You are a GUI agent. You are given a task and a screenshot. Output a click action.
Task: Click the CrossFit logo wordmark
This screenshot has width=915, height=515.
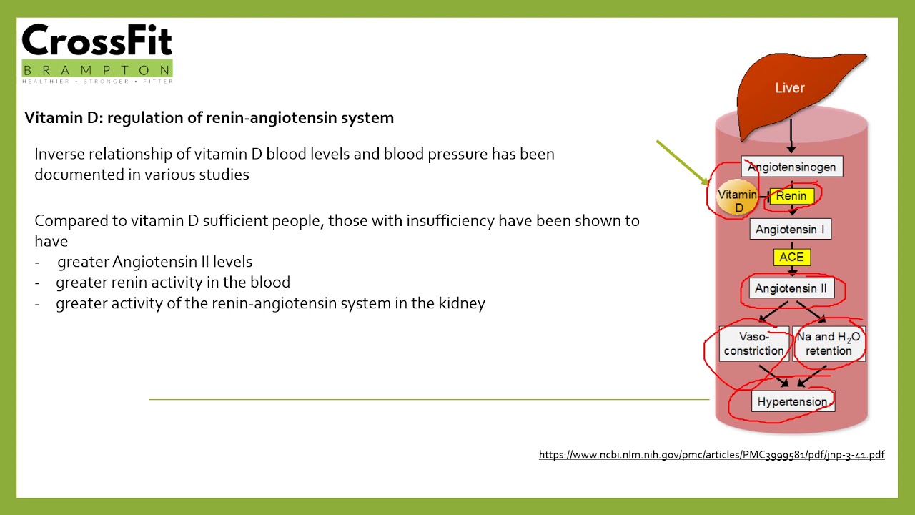click(x=97, y=39)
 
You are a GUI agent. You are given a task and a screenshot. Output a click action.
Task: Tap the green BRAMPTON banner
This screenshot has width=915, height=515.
click(x=97, y=69)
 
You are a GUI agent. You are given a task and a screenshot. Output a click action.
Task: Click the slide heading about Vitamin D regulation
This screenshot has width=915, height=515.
click(x=209, y=118)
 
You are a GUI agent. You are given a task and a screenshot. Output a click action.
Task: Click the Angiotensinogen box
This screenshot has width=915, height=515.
click(x=792, y=167)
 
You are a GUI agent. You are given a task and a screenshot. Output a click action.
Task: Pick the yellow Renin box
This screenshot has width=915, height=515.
click(x=791, y=196)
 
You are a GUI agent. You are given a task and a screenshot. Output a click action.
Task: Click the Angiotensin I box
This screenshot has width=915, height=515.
click(x=791, y=229)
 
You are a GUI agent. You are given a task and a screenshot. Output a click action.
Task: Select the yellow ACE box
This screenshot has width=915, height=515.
click(x=791, y=257)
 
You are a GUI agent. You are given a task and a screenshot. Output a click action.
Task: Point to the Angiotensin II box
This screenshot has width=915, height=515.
click(x=791, y=288)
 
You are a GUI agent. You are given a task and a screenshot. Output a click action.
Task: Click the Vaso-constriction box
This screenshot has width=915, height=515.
click(x=754, y=344)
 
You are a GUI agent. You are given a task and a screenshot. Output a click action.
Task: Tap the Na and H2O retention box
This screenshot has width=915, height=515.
click(x=829, y=344)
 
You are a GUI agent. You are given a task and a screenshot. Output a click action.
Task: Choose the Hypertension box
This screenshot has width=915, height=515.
click(x=793, y=401)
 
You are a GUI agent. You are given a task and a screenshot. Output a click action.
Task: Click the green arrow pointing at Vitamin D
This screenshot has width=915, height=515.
click(x=683, y=162)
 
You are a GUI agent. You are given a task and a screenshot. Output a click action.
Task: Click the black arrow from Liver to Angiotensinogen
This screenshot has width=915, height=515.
click(x=791, y=136)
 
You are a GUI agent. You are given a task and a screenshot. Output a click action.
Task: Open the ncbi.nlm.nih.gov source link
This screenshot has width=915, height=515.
click(x=711, y=454)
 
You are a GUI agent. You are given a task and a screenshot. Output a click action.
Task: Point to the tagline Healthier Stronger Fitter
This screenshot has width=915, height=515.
click(x=97, y=82)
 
